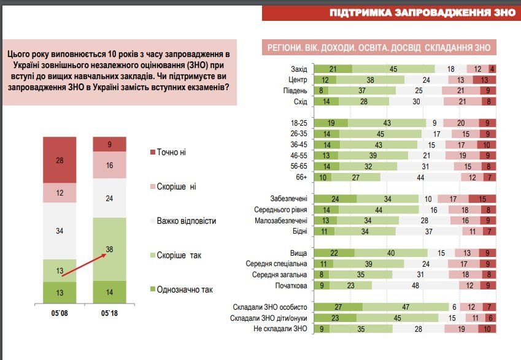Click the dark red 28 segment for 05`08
pos(60,160)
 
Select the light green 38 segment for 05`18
pos(109,249)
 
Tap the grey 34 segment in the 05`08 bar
pos(60,231)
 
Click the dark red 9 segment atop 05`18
pos(109,144)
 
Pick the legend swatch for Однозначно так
pos(153,289)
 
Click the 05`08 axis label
pos(60,313)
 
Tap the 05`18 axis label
pos(109,313)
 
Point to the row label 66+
pos(301,177)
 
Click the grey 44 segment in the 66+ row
pos(420,177)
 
